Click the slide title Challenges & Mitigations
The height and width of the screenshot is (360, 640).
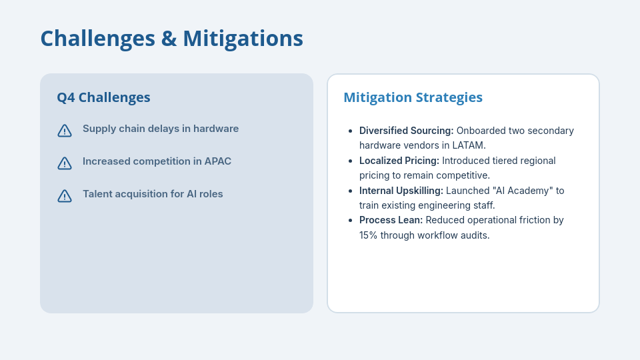click(171, 39)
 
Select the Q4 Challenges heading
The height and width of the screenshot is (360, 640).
click(103, 97)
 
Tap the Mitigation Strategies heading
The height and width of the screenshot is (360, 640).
click(413, 97)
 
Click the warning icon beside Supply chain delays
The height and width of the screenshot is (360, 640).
click(65, 131)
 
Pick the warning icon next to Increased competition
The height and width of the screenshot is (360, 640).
click(65, 163)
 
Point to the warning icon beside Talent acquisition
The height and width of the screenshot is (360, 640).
click(65, 196)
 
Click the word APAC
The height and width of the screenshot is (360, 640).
click(217, 161)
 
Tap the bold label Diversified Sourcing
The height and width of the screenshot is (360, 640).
click(406, 131)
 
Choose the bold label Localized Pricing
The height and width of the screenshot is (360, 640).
click(399, 161)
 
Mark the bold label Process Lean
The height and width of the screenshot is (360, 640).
click(391, 220)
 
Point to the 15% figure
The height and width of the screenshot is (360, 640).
click(368, 235)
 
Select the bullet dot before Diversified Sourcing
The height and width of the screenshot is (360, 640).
click(350, 131)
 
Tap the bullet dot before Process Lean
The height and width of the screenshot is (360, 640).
click(350, 221)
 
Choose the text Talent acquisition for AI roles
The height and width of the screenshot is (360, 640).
click(153, 194)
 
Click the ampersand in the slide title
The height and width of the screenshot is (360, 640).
click(168, 39)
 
